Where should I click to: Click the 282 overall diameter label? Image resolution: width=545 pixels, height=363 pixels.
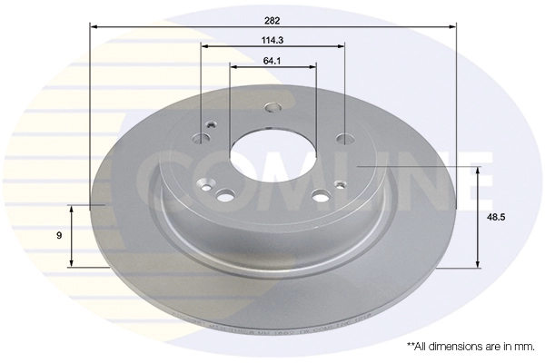pos(272,21)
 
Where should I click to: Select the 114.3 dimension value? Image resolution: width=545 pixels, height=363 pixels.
pos(272,40)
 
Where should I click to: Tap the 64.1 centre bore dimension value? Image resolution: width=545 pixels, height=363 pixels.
pos(272,61)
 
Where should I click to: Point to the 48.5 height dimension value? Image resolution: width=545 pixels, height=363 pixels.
pos(496,218)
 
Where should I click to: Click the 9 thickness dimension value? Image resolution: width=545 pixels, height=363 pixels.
pos(59,236)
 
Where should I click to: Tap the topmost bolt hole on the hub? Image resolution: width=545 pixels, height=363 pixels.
pos(273,107)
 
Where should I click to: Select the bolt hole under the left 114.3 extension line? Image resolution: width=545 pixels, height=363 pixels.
pos(202,138)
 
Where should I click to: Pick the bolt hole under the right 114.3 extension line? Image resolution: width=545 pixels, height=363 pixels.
pos(345,139)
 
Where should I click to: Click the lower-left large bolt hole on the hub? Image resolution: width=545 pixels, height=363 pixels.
pos(225,194)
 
